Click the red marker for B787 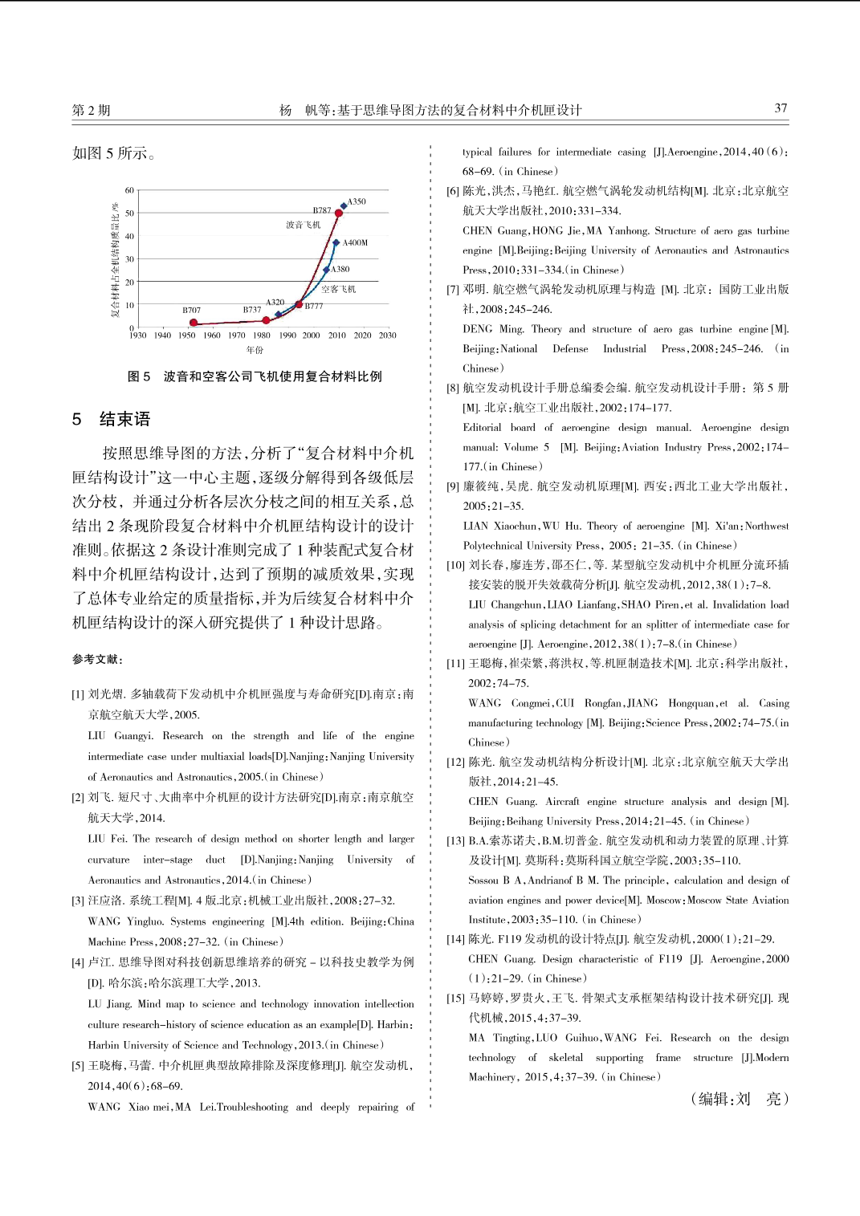tap(339, 214)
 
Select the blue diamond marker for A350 tap(344, 205)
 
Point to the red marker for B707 tap(194, 323)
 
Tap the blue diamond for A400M tap(336, 242)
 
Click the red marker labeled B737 tap(266, 320)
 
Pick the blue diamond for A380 tap(326, 270)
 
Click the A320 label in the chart tap(275, 303)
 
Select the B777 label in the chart tap(314, 306)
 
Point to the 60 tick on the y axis tap(129, 190)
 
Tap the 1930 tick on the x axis tap(138, 336)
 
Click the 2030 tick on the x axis tap(388, 336)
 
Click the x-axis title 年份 tap(255, 350)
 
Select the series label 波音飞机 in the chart tap(303, 225)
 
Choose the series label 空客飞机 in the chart tap(338, 289)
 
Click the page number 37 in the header tap(781, 108)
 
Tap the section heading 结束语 tap(124, 419)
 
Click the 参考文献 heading tap(97, 659)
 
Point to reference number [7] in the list tap(453, 290)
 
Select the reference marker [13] tap(455, 840)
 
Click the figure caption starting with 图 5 tap(255, 376)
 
